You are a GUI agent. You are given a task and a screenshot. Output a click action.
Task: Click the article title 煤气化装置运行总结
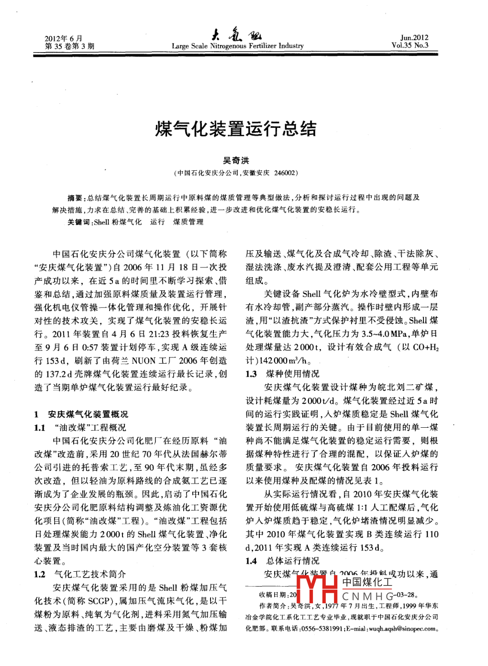click(x=235, y=129)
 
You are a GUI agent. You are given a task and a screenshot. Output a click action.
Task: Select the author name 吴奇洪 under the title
click(x=236, y=161)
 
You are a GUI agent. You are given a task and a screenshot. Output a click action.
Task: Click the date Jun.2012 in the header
click(x=414, y=38)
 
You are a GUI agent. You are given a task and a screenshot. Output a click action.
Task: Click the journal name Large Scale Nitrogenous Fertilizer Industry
click(x=237, y=46)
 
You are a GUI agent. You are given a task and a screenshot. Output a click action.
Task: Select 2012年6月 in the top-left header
click(x=64, y=38)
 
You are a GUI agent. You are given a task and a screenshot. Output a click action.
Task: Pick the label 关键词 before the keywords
click(x=78, y=222)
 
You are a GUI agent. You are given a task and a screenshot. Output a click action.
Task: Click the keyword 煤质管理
click(x=189, y=222)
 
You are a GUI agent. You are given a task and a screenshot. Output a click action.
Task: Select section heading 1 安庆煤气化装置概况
click(x=81, y=414)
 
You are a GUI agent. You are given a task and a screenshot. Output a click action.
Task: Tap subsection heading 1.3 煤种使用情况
click(x=282, y=374)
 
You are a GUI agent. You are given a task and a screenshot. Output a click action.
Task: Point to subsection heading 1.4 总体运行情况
click(x=282, y=561)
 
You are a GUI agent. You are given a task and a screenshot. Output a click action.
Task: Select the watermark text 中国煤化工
click(x=366, y=582)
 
